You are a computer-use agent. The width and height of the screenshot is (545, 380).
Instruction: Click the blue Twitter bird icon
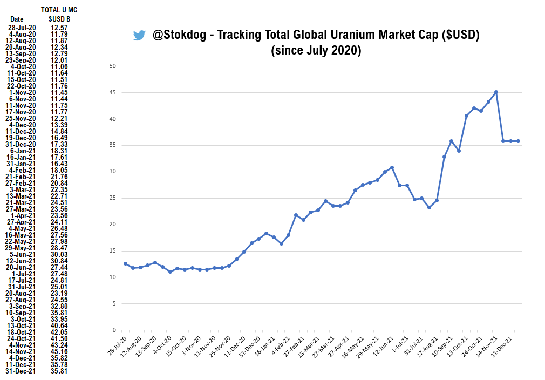point(139,36)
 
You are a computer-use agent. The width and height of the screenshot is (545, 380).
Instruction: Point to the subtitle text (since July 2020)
point(316,51)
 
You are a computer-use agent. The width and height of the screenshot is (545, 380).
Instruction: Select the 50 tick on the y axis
point(112,66)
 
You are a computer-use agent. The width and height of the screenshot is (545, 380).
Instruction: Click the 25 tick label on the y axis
point(112,198)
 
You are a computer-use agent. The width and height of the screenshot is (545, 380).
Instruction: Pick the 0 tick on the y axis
point(114,330)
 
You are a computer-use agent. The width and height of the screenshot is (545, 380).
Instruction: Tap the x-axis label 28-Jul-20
point(118,345)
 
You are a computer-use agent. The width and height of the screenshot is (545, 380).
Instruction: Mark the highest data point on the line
point(496,92)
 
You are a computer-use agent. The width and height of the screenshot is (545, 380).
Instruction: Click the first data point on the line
point(126,263)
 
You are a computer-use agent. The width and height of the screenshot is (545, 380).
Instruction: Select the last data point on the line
point(518,141)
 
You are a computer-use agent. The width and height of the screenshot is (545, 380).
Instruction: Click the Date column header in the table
point(17,19)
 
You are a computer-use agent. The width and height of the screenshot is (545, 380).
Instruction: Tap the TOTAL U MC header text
point(59,10)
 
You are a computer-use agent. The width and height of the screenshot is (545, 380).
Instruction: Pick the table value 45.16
point(59,351)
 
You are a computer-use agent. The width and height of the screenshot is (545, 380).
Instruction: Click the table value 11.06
point(59,66)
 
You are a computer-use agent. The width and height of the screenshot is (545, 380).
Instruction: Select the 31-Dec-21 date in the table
point(22,371)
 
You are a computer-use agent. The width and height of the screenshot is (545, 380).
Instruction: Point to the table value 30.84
point(59,261)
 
